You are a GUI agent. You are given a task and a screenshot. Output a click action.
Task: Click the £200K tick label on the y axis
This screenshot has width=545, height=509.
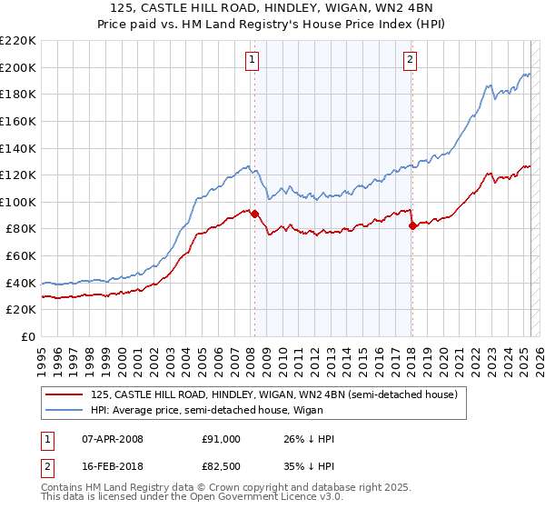(18, 67)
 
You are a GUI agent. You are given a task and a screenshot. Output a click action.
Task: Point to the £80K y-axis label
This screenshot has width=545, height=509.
(21, 229)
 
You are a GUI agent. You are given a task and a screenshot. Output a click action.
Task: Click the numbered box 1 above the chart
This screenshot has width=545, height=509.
(251, 60)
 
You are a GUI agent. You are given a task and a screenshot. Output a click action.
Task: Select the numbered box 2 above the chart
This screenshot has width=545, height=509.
(411, 60)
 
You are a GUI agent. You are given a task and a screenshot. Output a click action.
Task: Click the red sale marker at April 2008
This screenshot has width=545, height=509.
(254, 215)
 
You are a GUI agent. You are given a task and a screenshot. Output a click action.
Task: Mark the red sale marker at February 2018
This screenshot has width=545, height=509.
(412, 225)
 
